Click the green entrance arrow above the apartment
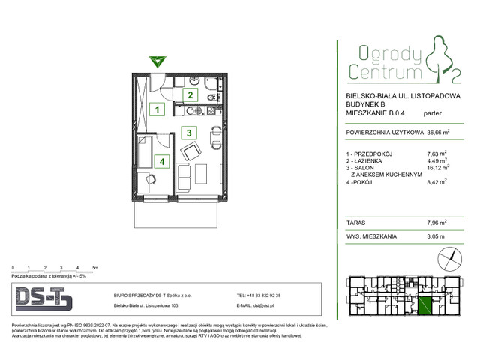[155, 61]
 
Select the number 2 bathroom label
[190, 95]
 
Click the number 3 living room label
[190, 133]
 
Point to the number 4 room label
[160, 160]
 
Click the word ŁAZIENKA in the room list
[373, 160]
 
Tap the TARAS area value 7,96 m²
[436, 222]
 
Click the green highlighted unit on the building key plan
[425, 306]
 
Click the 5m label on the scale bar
[94, 267]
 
